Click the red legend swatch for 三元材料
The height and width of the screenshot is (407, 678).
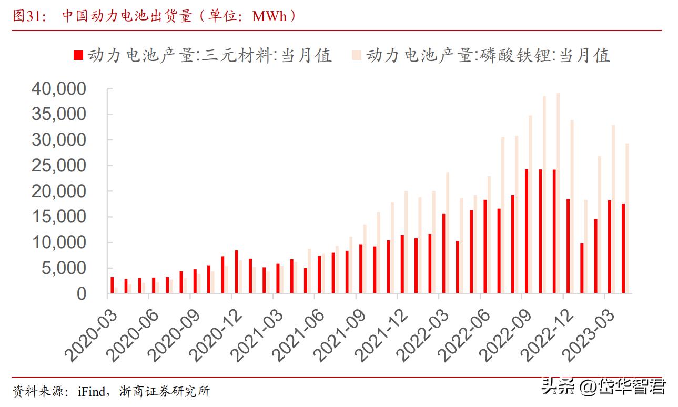tap(78, 55)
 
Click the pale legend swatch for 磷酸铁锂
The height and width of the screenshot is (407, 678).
tap(357, 55)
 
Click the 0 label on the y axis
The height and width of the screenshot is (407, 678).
tap(81, 294)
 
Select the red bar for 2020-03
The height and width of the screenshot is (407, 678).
tap(112, 284)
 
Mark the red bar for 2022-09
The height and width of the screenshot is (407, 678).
tap(527, 231)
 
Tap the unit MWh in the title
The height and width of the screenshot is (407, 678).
tap(269, 16)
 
